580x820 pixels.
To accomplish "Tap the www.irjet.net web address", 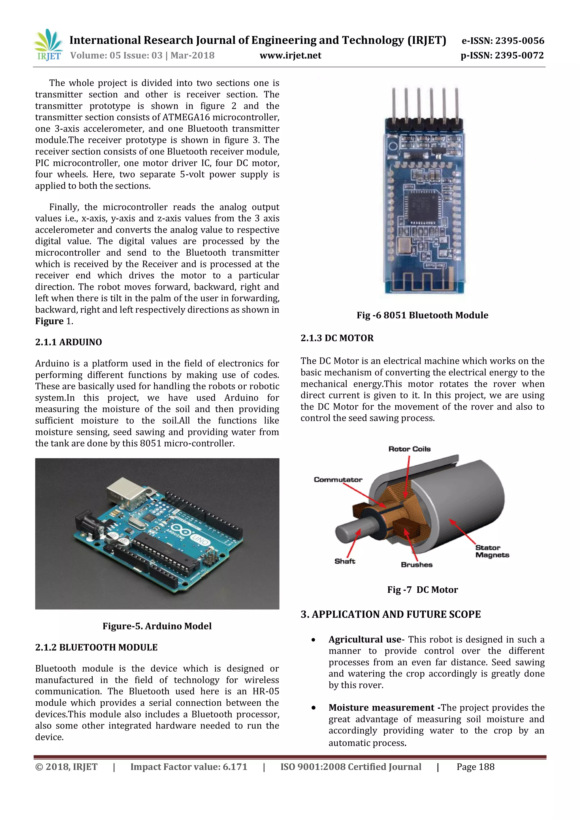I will [x=290, y=55].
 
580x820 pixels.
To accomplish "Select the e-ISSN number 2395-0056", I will [x=503, y=41].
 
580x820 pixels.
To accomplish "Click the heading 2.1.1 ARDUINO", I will [x=69, y=342].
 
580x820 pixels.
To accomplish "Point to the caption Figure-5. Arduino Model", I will [x=157, y=626].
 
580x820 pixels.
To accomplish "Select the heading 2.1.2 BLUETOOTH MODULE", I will [x=96, y=648].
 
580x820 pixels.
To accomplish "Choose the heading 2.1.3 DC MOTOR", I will [x=337, y=338].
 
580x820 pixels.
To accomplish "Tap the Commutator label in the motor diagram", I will [x=338, y=480].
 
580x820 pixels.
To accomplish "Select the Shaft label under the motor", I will [x=345, y=561].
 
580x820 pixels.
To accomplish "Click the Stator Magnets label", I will [x=492, y=551].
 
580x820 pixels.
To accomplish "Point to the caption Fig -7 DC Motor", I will [x=423, y=590].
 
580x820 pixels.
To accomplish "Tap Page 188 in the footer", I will [x=475, y=767].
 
